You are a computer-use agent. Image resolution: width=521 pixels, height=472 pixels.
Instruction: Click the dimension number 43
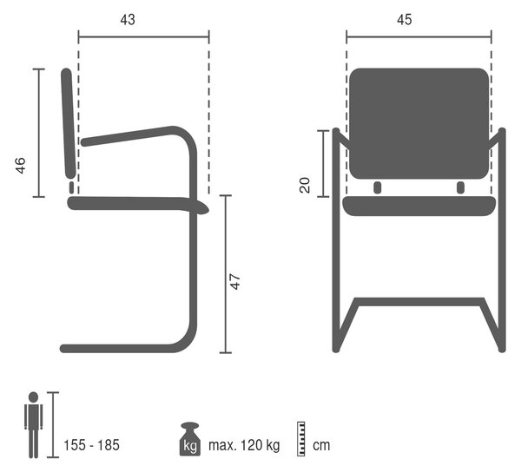click(x=128, y=20)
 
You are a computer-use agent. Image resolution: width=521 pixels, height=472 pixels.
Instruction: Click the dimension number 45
click(x=405, y=20)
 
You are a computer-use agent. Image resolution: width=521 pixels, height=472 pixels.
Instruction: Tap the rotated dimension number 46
click(x=21, y=166)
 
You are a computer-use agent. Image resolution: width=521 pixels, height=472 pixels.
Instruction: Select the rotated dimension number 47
click(x=235, y=281)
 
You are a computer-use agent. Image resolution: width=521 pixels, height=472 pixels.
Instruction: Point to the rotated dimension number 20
click(x=305, y=185)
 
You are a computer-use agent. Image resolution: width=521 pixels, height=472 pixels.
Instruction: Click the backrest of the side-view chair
click(x=68, y=123)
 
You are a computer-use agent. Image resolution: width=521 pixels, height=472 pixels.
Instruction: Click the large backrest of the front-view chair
click(x=419, y=123)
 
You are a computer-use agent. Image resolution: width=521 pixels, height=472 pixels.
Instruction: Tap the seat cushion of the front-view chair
click(x=419, y=206)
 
